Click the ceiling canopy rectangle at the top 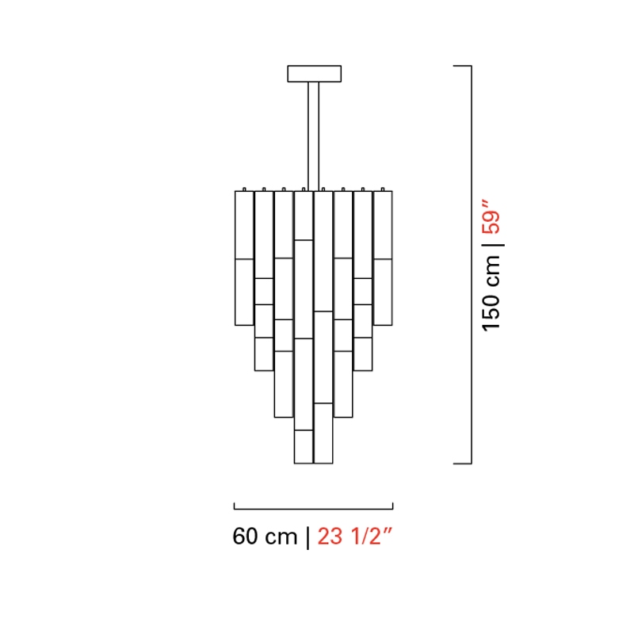(314, 74)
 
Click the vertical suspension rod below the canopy (313, 136)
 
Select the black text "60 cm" (265, 537)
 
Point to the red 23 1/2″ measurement (354, 537)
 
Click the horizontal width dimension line (313, 509)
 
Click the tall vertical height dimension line (471, 265)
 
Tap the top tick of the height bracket (462, 66)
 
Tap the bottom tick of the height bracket (462, 464)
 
